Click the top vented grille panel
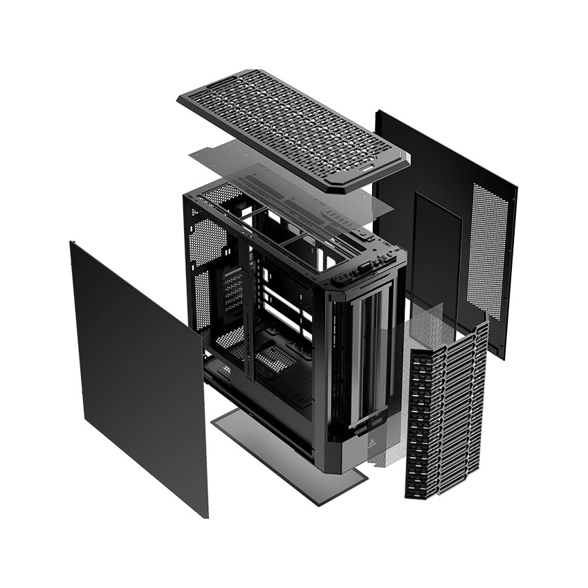pyautogui.click(x=291, y=125)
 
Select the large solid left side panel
pyautogui.click(x=138, y=374)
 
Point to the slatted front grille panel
pyautogui.click(x=446, y=408)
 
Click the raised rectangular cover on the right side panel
pyautogui.click(x=436, y=256)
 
